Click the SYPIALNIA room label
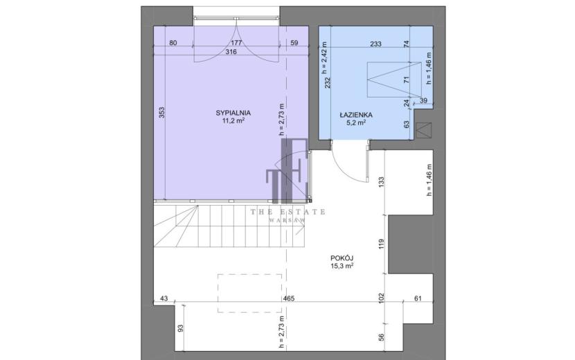click(x=233, y=113)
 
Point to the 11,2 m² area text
click(x=233, y=120)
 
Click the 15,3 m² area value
click(x=342, y=266)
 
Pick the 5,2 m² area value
click(x=355, y=123)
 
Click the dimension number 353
click(x=162, y=112)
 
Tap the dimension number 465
click(x=289, y=299)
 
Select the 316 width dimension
click(x=231, y=52)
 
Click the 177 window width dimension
click(x=236, y=43)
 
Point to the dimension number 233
click(x=375, y=44)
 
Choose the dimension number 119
click(x=381, y=244)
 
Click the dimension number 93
click(x=180, y=328)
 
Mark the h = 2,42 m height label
click(x=324, y=57)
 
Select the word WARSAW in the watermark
click(x=288, y=221)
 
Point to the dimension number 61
click(x=418, y=299)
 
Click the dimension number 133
click(x=381, y=182)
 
